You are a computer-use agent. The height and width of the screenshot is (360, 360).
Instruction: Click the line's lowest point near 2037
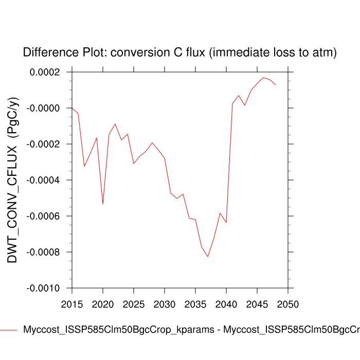pyautogui.click(x=208, y=256)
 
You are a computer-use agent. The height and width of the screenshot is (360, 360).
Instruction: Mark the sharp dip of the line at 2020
pyautogui.click(x=103, y=204)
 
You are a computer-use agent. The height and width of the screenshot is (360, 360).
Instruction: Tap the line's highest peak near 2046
pyautogui.click(x=263, y=78)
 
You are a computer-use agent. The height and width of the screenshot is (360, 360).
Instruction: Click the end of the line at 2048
pyautogui.click(x=276, y=85)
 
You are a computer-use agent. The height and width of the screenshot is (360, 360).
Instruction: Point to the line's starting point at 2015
pyautogui.click(x=72, y=108)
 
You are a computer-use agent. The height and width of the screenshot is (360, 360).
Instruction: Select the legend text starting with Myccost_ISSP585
pyautogui.click(x=190, y=330)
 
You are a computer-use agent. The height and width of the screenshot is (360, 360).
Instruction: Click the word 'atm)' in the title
pyautogui.click(x=322, y=52)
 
